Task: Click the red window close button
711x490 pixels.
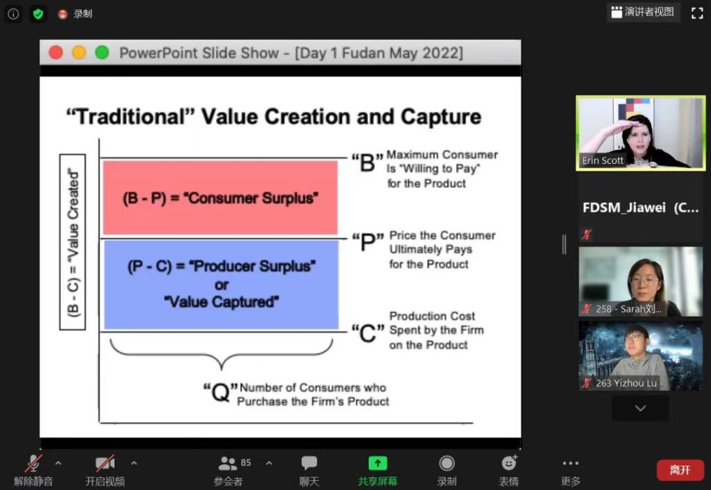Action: point(56,53)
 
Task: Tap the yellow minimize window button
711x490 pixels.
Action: point(79,53)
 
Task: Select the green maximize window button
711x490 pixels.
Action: point(102,53)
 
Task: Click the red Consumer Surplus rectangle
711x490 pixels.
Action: point(220,198)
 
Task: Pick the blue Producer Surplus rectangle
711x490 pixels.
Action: point(221,284)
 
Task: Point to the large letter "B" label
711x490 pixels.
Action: point(367,162)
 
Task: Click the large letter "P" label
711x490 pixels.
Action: point(368,242)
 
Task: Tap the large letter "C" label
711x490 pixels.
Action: point(368,334)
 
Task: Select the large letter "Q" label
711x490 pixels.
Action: point(220,392)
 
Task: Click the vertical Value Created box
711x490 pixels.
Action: point(72,242)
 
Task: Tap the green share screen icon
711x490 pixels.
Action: point(378,463)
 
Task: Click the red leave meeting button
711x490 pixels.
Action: point(680,470)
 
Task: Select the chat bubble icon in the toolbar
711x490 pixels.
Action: point(309,463)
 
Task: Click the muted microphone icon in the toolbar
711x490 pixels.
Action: point(33,463)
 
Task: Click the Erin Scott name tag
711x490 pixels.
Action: point(603,160)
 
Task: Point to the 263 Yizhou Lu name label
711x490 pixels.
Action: point(626,383)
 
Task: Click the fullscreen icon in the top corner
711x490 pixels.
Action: point(697,13)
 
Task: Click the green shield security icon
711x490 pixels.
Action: point(38,14)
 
